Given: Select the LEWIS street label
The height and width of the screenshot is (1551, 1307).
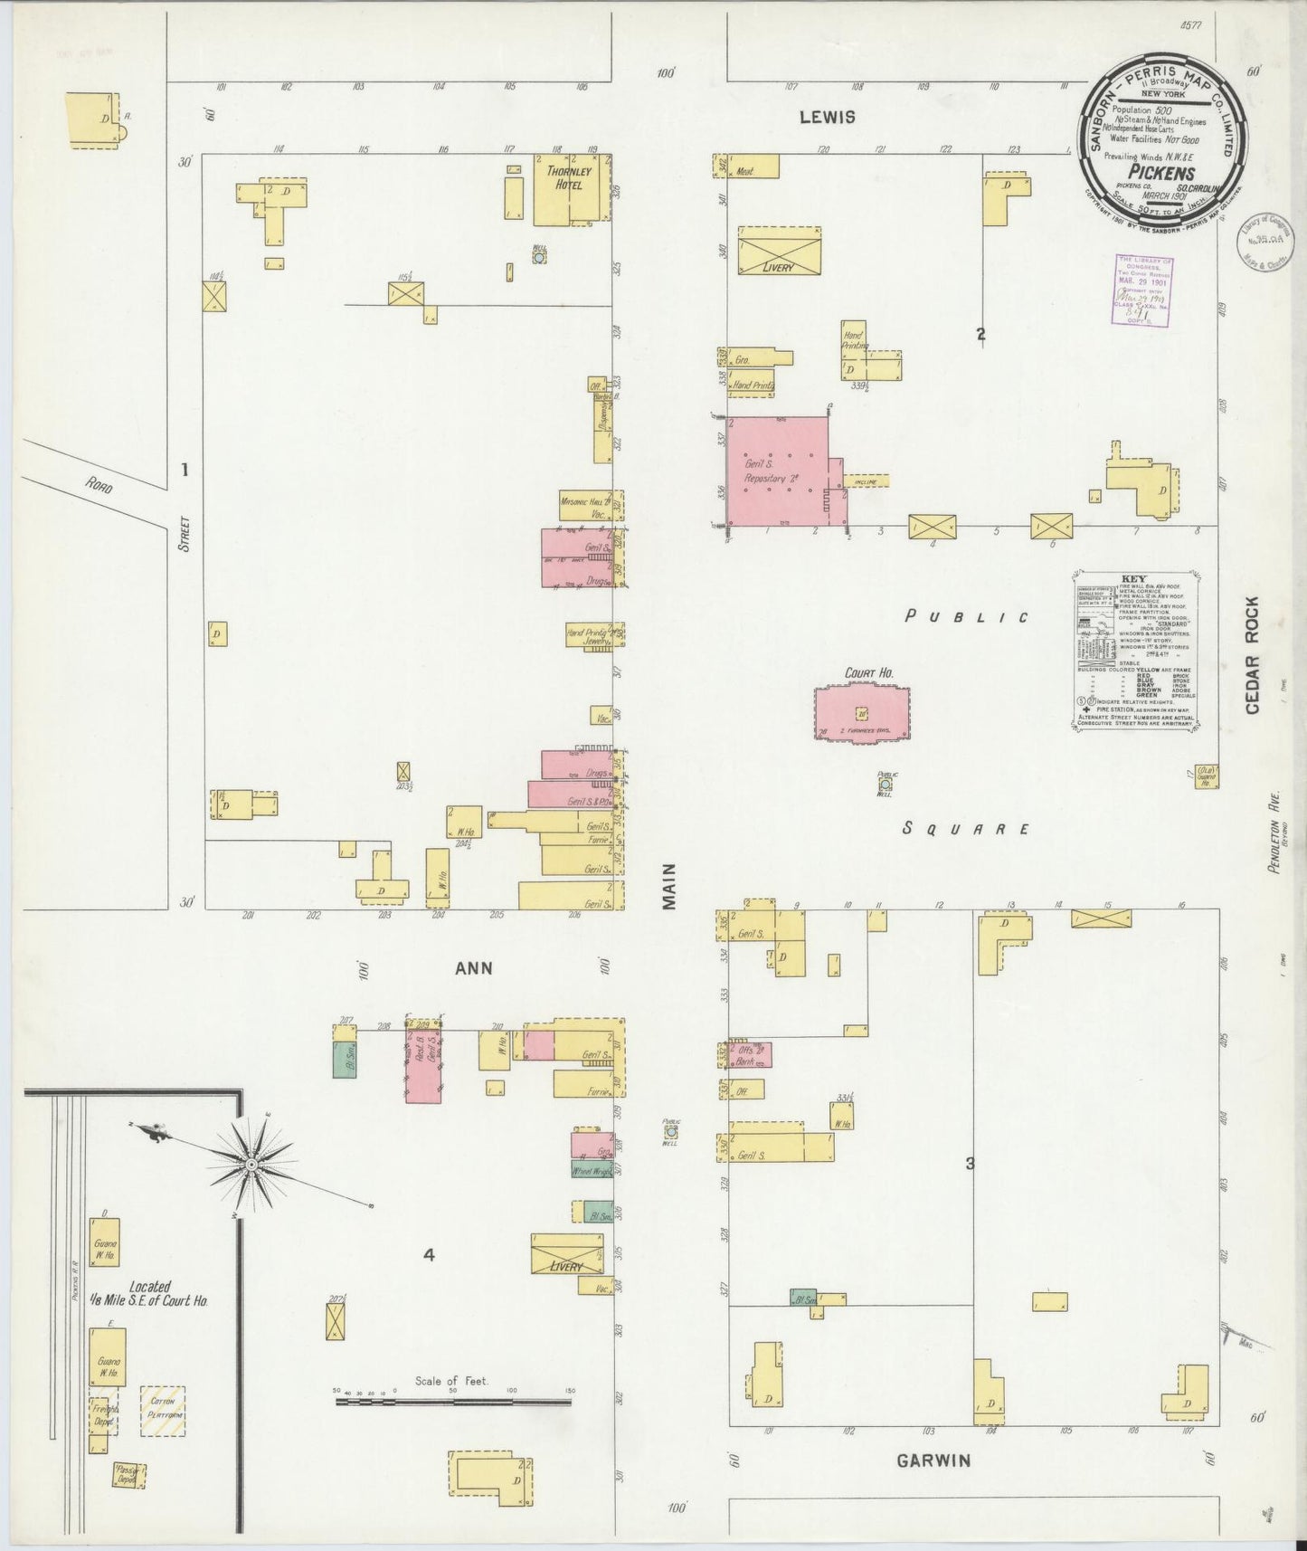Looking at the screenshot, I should pos(825,117).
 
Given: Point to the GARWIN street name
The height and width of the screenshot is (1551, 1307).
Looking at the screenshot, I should pos(933,1460).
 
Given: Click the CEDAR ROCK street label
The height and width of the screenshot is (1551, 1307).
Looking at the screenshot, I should pos(1252,655).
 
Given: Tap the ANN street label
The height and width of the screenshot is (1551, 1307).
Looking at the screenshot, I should pos(473,967).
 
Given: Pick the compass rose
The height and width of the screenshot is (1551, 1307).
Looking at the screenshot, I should pos(252,1161).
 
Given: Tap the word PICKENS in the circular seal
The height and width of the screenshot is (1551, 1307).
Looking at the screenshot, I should pos(1160,173).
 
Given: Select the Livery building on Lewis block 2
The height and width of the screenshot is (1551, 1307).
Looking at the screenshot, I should pos(779,251).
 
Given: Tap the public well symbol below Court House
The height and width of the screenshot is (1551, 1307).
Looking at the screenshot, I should pos(885,785).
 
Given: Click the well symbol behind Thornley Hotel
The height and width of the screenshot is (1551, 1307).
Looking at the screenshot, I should pos(539,257).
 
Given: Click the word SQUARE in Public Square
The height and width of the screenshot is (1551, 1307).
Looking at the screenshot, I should pos(967,828).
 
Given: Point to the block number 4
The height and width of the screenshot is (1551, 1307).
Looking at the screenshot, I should pos(429,1255).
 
